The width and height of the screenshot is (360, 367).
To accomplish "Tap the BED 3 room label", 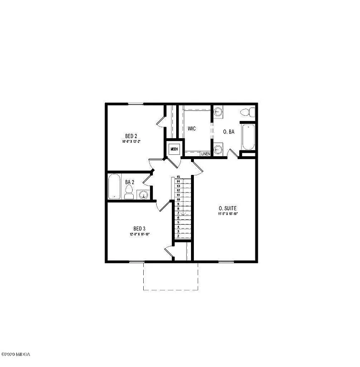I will click(139, 228).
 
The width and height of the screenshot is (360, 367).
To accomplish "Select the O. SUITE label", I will click(228, 208).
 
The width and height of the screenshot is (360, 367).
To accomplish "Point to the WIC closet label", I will click(192, 129).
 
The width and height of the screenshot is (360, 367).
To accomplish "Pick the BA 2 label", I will click(129, 182).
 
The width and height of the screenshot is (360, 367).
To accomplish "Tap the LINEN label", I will click(205, 154).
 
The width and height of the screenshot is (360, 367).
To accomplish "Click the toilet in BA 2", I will click(128, 193).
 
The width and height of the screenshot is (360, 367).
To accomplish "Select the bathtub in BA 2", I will click(115, 187).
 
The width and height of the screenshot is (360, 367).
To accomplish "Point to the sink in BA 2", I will click(143, 194).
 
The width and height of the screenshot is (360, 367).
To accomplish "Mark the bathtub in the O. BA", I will click(248, 137).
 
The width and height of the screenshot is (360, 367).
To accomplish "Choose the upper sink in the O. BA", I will click(218, 112).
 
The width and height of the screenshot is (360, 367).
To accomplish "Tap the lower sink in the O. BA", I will click(218, 149).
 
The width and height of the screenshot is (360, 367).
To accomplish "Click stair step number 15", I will click(178, 177).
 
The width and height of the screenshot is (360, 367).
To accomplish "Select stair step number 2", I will click(178, 236).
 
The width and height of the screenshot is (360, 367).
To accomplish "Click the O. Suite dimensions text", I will click(228, 214).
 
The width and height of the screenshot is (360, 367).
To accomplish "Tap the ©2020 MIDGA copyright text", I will click(16, 355).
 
